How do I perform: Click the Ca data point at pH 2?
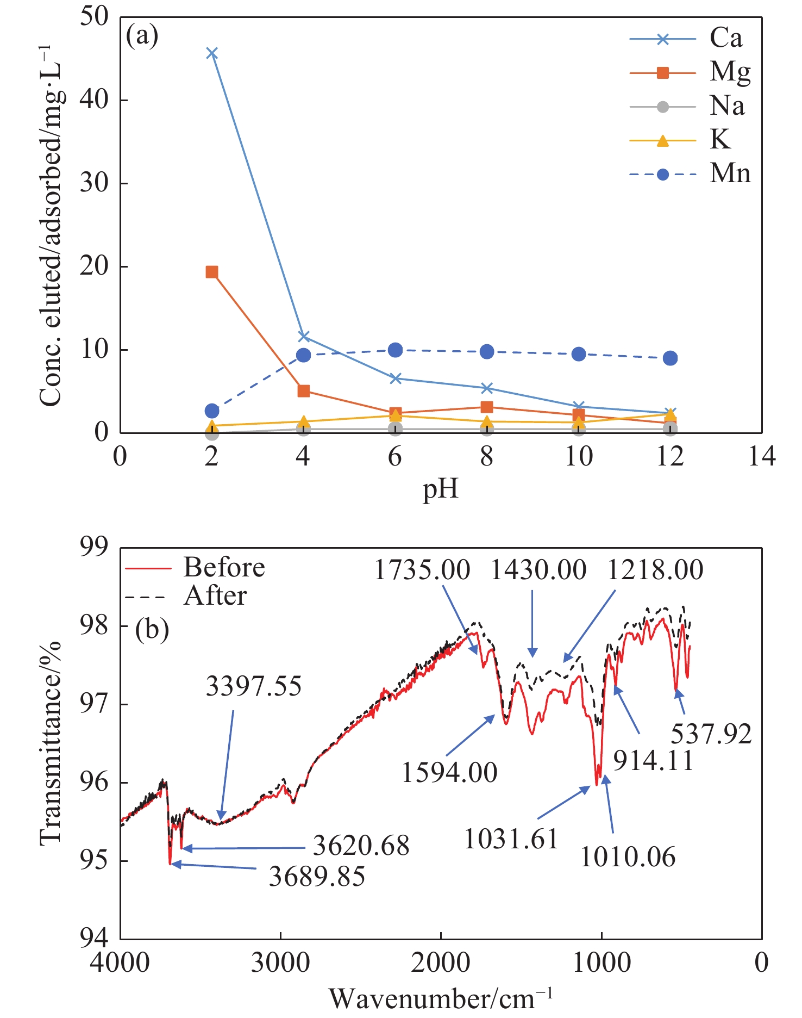212,53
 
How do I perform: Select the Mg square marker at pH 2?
212,272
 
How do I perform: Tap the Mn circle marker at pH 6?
396,350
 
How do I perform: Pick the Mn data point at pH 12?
670,358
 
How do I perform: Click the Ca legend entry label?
725,38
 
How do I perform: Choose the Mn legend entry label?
730,173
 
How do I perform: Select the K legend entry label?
720,139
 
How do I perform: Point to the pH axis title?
441,489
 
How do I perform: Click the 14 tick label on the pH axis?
762,456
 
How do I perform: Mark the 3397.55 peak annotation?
253,686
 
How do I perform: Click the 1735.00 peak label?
422,570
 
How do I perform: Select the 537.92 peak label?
711,734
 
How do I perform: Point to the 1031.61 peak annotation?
511,839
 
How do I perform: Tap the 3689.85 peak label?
317,877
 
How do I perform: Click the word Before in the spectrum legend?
224,567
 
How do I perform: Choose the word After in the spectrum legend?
215,595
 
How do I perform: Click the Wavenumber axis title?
440,998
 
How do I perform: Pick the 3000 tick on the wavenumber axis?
280,963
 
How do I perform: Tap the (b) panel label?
152,629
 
